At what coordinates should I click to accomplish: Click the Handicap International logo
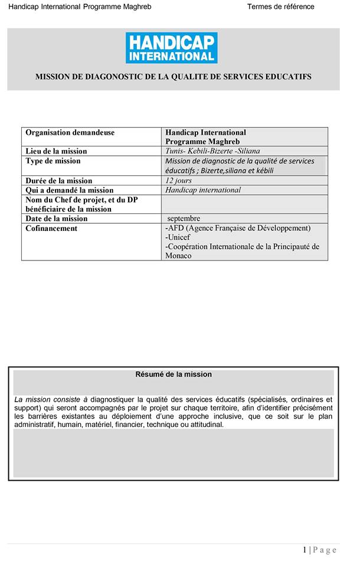point(171,48)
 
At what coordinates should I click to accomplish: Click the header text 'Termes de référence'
point(280,6)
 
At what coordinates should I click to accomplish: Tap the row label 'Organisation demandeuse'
point(70,133)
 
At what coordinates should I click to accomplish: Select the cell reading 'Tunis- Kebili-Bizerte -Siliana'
point(212,151)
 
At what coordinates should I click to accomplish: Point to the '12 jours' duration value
point(178,181)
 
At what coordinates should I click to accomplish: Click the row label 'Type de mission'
point(53,161)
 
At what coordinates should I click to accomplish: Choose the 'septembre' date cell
point(184,219)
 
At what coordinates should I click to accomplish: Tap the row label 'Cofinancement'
point(51,229)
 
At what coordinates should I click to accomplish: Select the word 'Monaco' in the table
point(179,256)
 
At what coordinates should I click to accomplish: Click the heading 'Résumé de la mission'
point(174,374)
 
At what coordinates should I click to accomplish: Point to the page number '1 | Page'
point(320,550)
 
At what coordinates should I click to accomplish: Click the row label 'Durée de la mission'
point(59,181)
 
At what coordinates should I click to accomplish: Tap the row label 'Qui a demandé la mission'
point(70,190)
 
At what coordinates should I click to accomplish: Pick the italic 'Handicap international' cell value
point(203,190)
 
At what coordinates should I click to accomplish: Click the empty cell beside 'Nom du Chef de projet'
point(244,204)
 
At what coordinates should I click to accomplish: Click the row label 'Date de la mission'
point(57,219)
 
